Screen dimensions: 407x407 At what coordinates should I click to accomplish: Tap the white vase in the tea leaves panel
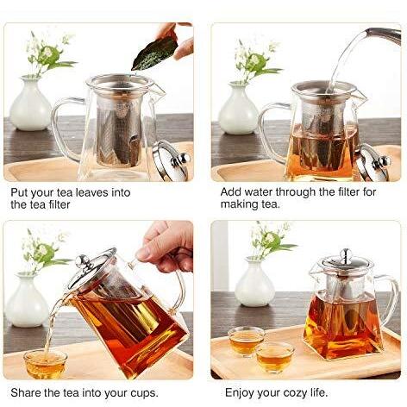pos(30,104)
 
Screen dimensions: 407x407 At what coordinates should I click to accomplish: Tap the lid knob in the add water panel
pos(382,163)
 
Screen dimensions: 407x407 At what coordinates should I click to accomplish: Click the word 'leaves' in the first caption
pos(89,192)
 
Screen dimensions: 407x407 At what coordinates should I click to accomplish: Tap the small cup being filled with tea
pos(46,364)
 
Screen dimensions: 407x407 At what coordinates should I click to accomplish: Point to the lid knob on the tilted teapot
pos(82,261)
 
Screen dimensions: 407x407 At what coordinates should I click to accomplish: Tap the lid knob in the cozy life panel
pos(347,254)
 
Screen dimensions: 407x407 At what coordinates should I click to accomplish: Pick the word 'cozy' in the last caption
pos(295,393)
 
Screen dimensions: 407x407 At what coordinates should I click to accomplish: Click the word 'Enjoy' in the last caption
pos(240,393)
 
